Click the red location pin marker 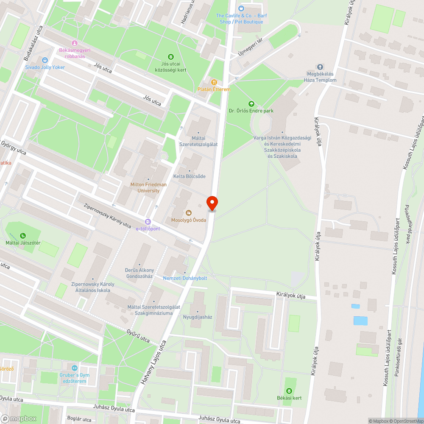[212, 203]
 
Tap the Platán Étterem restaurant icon [214, 82]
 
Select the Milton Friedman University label [148, 187]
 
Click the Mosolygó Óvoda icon [189, 212]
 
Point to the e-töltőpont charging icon [148, 221]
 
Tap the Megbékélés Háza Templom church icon [320, 67]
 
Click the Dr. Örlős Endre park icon [251, 103]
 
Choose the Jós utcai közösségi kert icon [170, 56]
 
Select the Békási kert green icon [290, 391]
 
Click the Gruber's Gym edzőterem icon [75, 368]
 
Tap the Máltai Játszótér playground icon [22, 236]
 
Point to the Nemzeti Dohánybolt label [185, 278]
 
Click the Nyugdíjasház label [197, 317]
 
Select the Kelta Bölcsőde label [189, 176]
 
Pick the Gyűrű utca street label [138, 336]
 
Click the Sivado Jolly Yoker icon [45, 60]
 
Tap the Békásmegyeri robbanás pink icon [75, 43]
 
